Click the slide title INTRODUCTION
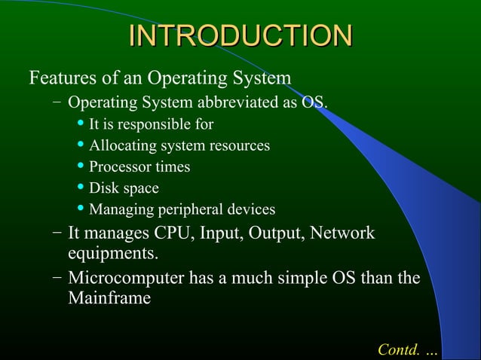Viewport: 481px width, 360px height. coord(240,37)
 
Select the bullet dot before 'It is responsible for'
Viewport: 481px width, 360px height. coord(81,123)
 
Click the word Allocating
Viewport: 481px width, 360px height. coord(121,145)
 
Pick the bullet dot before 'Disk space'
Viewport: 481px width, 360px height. coord(81,187)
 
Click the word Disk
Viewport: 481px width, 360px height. coord(103,188)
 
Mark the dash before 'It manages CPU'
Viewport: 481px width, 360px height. coord(57,233)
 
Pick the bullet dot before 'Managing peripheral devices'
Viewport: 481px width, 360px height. coord(81,208)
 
